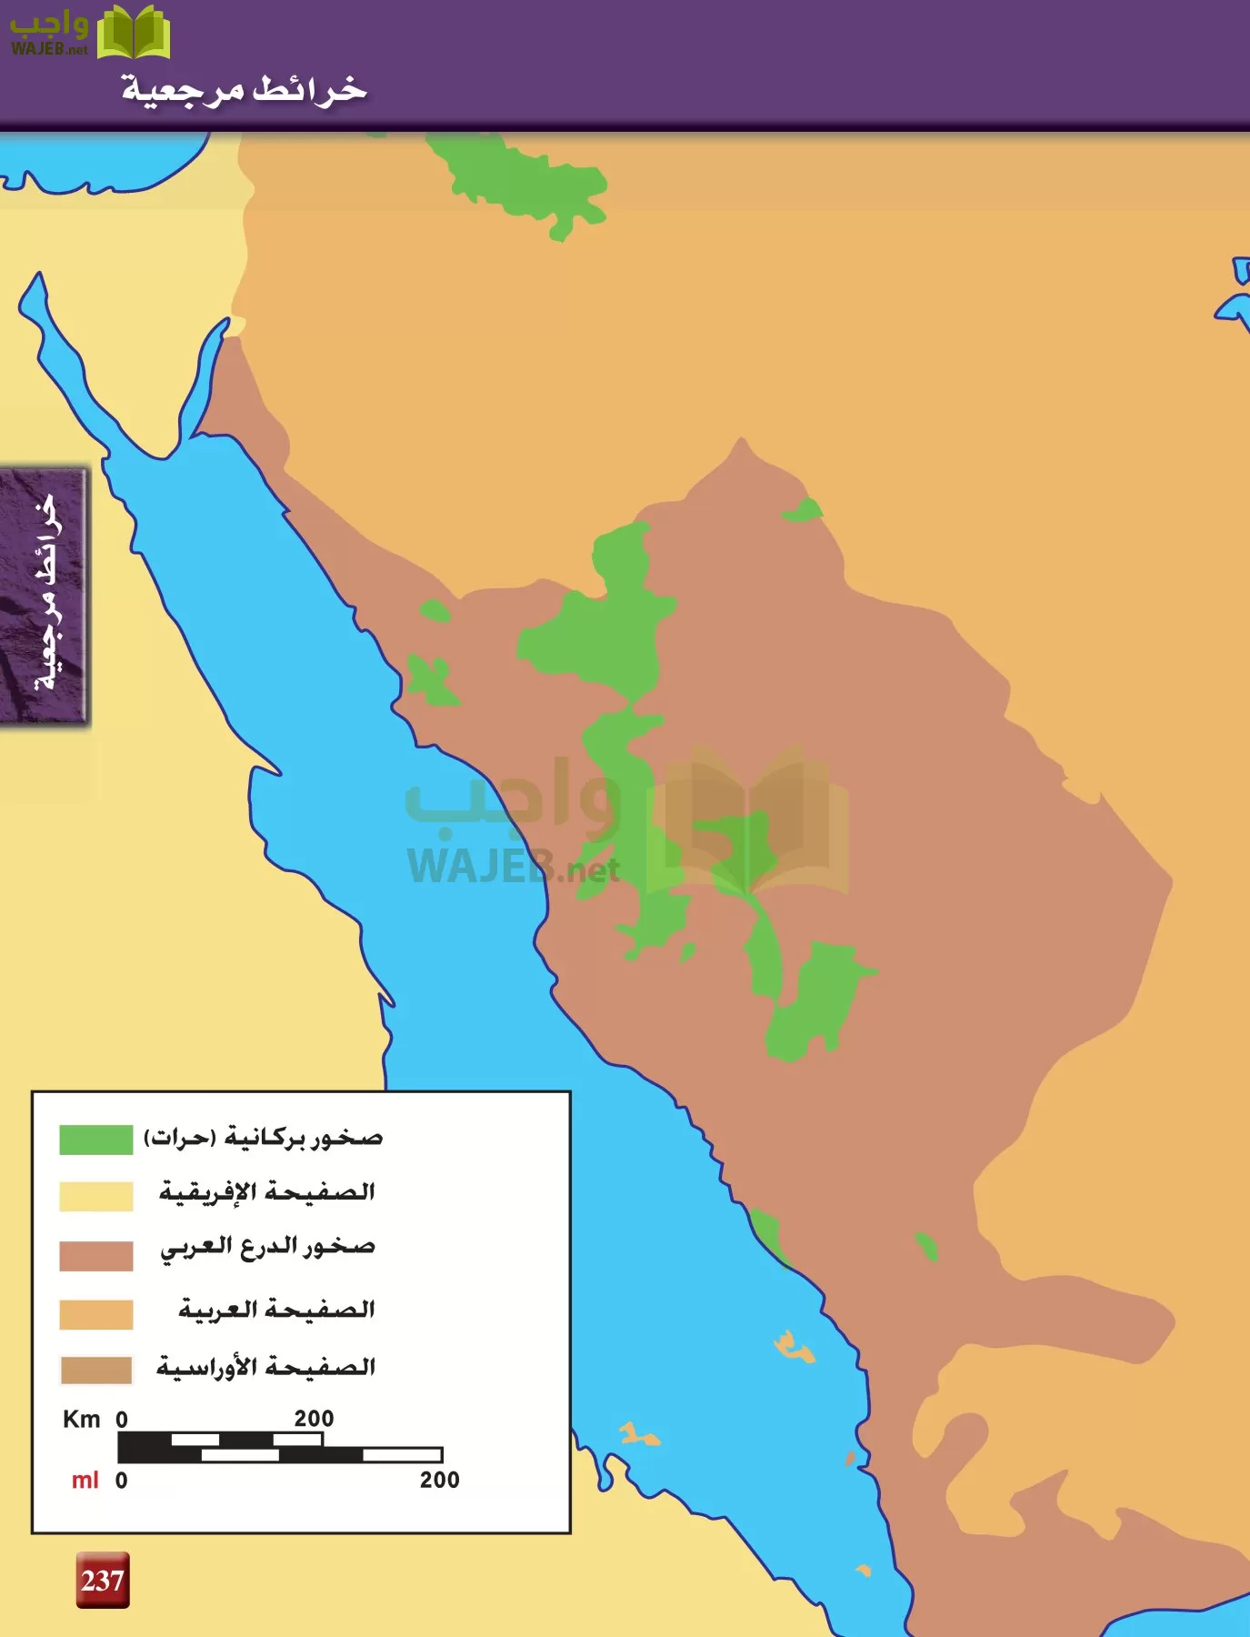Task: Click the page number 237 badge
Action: (102, 1580)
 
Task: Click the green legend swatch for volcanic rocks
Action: (95, 1140)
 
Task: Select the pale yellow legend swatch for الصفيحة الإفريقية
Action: (95, 1196)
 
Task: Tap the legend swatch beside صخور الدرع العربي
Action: (95, 1255)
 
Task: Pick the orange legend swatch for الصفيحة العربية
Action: (95, 1314)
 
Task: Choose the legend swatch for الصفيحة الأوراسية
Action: (95, 1370)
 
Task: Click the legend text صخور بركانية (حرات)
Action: (264, 1138)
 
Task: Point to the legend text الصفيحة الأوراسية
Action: (265, 1367)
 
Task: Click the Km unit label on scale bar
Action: (81, 1419)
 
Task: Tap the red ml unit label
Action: (85, 1481)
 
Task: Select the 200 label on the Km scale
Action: (314, 1419)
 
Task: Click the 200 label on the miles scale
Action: (439, 1480)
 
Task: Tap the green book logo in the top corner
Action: (134, 32)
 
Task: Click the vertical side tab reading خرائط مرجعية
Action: (44, 596)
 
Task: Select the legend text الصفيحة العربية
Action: (276, 1310)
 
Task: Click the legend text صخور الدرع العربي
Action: (267, 1247)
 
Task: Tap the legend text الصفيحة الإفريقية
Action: (266, 1191)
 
